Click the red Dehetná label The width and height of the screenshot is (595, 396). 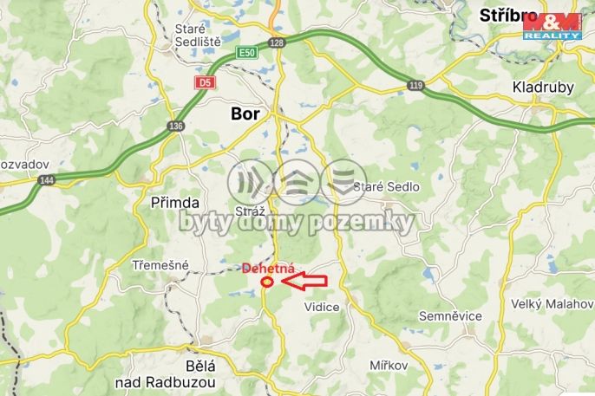270,268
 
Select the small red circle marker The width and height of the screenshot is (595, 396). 267,280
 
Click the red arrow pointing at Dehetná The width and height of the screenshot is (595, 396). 303,280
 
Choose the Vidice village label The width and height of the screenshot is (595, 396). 322,307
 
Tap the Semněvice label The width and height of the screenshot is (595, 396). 450,315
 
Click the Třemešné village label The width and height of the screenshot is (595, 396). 160,264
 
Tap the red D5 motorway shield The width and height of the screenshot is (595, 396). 204,82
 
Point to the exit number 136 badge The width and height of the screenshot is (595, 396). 177,126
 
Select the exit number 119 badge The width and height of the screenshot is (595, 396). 416,85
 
